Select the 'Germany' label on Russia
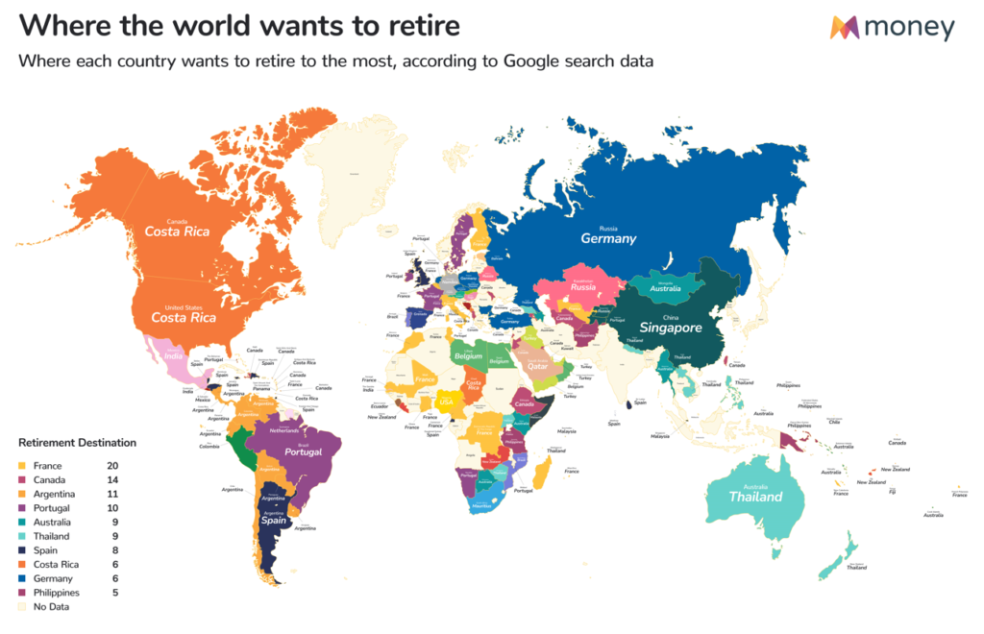pyautogui.click(x=609, y=239)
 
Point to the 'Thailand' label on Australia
pyautogui.click(x=755, y=497)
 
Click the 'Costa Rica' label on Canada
pyautogui.click(x=178, y=232)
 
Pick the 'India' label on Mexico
pyautogui.click(x=173, y=357)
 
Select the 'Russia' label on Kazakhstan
pyautogui.click(x=583, y=286)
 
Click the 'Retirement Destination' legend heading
pyautogui.click(x=78, y=443)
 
